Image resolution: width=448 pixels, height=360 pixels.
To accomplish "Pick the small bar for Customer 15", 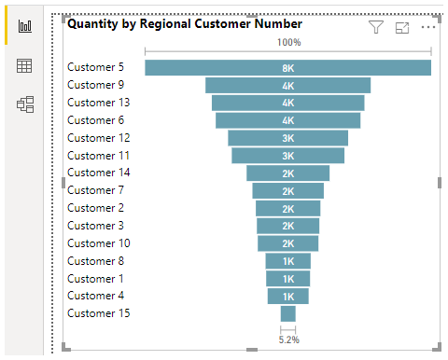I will [x=287, y=314].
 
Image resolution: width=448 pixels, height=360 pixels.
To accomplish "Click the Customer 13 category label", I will [x=99, y=103].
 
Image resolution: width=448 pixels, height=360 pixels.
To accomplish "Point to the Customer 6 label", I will [x=95, y=120].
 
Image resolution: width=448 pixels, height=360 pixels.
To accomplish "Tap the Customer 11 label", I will [x=99, y=156].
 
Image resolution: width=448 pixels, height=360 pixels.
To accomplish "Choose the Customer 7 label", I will [x=95, y=190].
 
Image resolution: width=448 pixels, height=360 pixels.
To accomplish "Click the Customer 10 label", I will [x=99, y=243].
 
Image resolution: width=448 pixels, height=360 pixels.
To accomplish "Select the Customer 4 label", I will [x=95, y=296].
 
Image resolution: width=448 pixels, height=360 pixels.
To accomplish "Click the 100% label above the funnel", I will [x=288, y=43].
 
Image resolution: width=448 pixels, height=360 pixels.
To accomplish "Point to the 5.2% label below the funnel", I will [x=288, y=339].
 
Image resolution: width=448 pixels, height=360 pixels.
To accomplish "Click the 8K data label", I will [x=288, y=68].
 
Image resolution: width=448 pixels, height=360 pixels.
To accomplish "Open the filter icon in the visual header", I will [x=376, y=27].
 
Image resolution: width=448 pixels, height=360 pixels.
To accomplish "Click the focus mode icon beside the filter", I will [x=402, y=27].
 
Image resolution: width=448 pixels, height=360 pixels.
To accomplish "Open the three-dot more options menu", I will [x=428, y=27].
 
